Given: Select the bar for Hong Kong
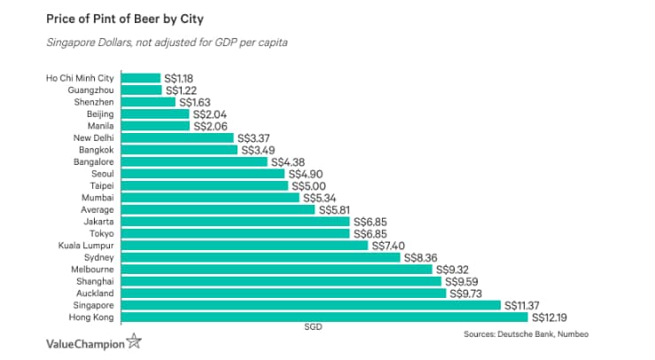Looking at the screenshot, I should (324, 317).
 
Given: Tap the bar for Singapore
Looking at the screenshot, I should (311, 304).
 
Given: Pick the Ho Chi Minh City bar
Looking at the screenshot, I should (141, 78).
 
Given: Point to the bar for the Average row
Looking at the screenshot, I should (218, 209).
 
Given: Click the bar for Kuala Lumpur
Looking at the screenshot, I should (245, 245).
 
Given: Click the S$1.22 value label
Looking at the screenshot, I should (182, 90).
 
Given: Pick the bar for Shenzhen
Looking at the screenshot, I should (148, 102).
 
